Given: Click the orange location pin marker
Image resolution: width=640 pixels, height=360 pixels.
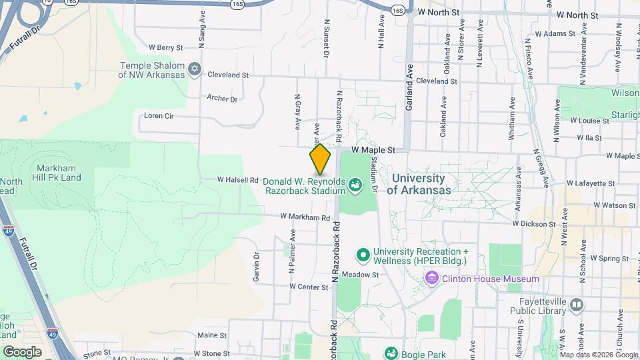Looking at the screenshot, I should pos(320,159).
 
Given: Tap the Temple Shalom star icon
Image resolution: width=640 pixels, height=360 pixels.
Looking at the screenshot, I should pos(195,68).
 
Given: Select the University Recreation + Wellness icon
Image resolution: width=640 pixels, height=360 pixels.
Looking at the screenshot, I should pos(363,255).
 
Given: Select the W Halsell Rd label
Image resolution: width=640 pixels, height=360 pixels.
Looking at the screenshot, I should pos(237,180).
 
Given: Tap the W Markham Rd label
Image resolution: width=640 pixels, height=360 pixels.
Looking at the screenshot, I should pos(305,217).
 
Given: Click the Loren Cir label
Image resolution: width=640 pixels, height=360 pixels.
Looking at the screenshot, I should pos(159,115).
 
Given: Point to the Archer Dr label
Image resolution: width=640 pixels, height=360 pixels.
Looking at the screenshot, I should pos(222,99).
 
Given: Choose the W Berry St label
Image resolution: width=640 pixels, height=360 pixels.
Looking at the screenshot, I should pos(165,47).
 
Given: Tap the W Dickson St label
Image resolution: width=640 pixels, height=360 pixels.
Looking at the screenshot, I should pos(535,224).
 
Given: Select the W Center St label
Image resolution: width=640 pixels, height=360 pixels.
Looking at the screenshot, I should pos(309,287).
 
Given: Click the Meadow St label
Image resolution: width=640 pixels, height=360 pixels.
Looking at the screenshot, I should pos(360,274).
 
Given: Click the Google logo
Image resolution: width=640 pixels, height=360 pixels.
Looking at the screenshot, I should pos(22,351).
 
